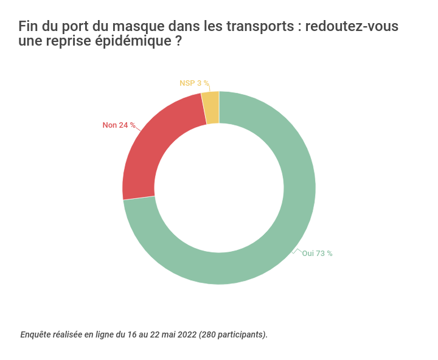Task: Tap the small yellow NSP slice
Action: pos(210,108)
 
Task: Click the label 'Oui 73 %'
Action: pos(317,254)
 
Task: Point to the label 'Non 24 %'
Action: pos(119,125)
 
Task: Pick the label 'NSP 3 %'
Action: pos(194,83)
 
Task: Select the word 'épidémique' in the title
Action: pos(128,42)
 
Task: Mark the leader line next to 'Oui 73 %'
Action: pos(297,250)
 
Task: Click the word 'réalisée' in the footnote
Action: pos(67,334)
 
